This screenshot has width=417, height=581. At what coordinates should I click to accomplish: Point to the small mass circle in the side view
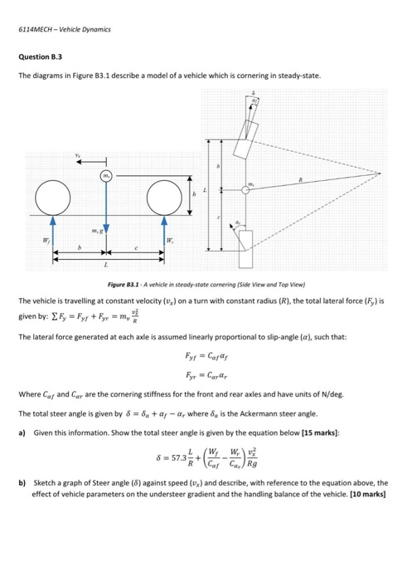tap(106, 176)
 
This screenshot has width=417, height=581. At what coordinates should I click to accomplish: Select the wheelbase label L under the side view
tap(106, 266)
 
